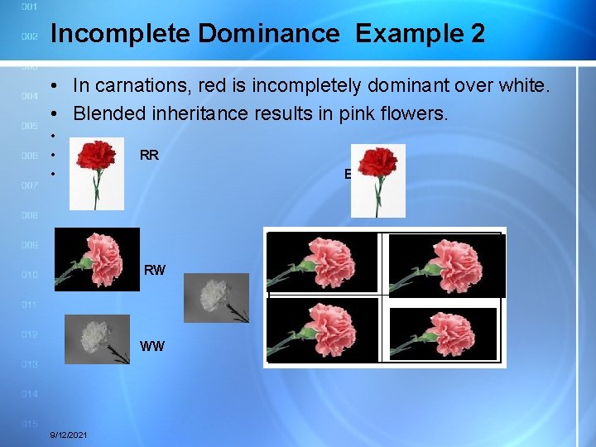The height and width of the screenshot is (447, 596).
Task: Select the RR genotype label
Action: tap(150, 155)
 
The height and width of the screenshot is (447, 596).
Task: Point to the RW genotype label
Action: tap(155, 270)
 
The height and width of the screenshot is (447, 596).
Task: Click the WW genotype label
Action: tap(152, 346)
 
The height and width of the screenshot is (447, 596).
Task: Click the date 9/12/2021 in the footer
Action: tap(71, 435)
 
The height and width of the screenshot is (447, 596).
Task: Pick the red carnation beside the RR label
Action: tap(97, 174)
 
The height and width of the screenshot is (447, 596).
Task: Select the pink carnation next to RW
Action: tap(97, 258)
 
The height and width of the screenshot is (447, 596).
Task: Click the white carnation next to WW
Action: tap(98, 339)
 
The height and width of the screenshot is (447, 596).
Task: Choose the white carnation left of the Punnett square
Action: tap(216, 297)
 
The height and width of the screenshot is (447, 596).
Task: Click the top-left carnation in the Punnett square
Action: tap(323, 261)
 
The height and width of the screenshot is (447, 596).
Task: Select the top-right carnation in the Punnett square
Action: tap(445, 263)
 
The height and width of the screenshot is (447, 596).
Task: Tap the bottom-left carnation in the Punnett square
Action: tap(323, 329)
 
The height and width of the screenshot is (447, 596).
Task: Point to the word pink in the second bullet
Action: tap(358, 113)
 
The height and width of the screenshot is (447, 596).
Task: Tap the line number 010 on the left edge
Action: tap(29, 275)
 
